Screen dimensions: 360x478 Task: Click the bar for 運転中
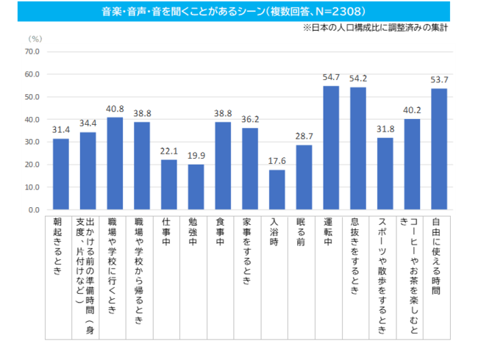point(331,148)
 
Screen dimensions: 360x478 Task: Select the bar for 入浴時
point(277,190)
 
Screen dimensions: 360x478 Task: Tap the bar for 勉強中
point(196,187)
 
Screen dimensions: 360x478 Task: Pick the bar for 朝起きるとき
point(60,174)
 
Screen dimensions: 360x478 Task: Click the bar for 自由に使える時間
point(439,149)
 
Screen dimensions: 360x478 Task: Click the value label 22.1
point(168,151)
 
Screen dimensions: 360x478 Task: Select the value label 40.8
point(115,109)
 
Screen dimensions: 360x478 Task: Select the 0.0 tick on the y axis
point(34,210)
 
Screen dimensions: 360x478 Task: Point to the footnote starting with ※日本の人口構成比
point(374,28)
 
